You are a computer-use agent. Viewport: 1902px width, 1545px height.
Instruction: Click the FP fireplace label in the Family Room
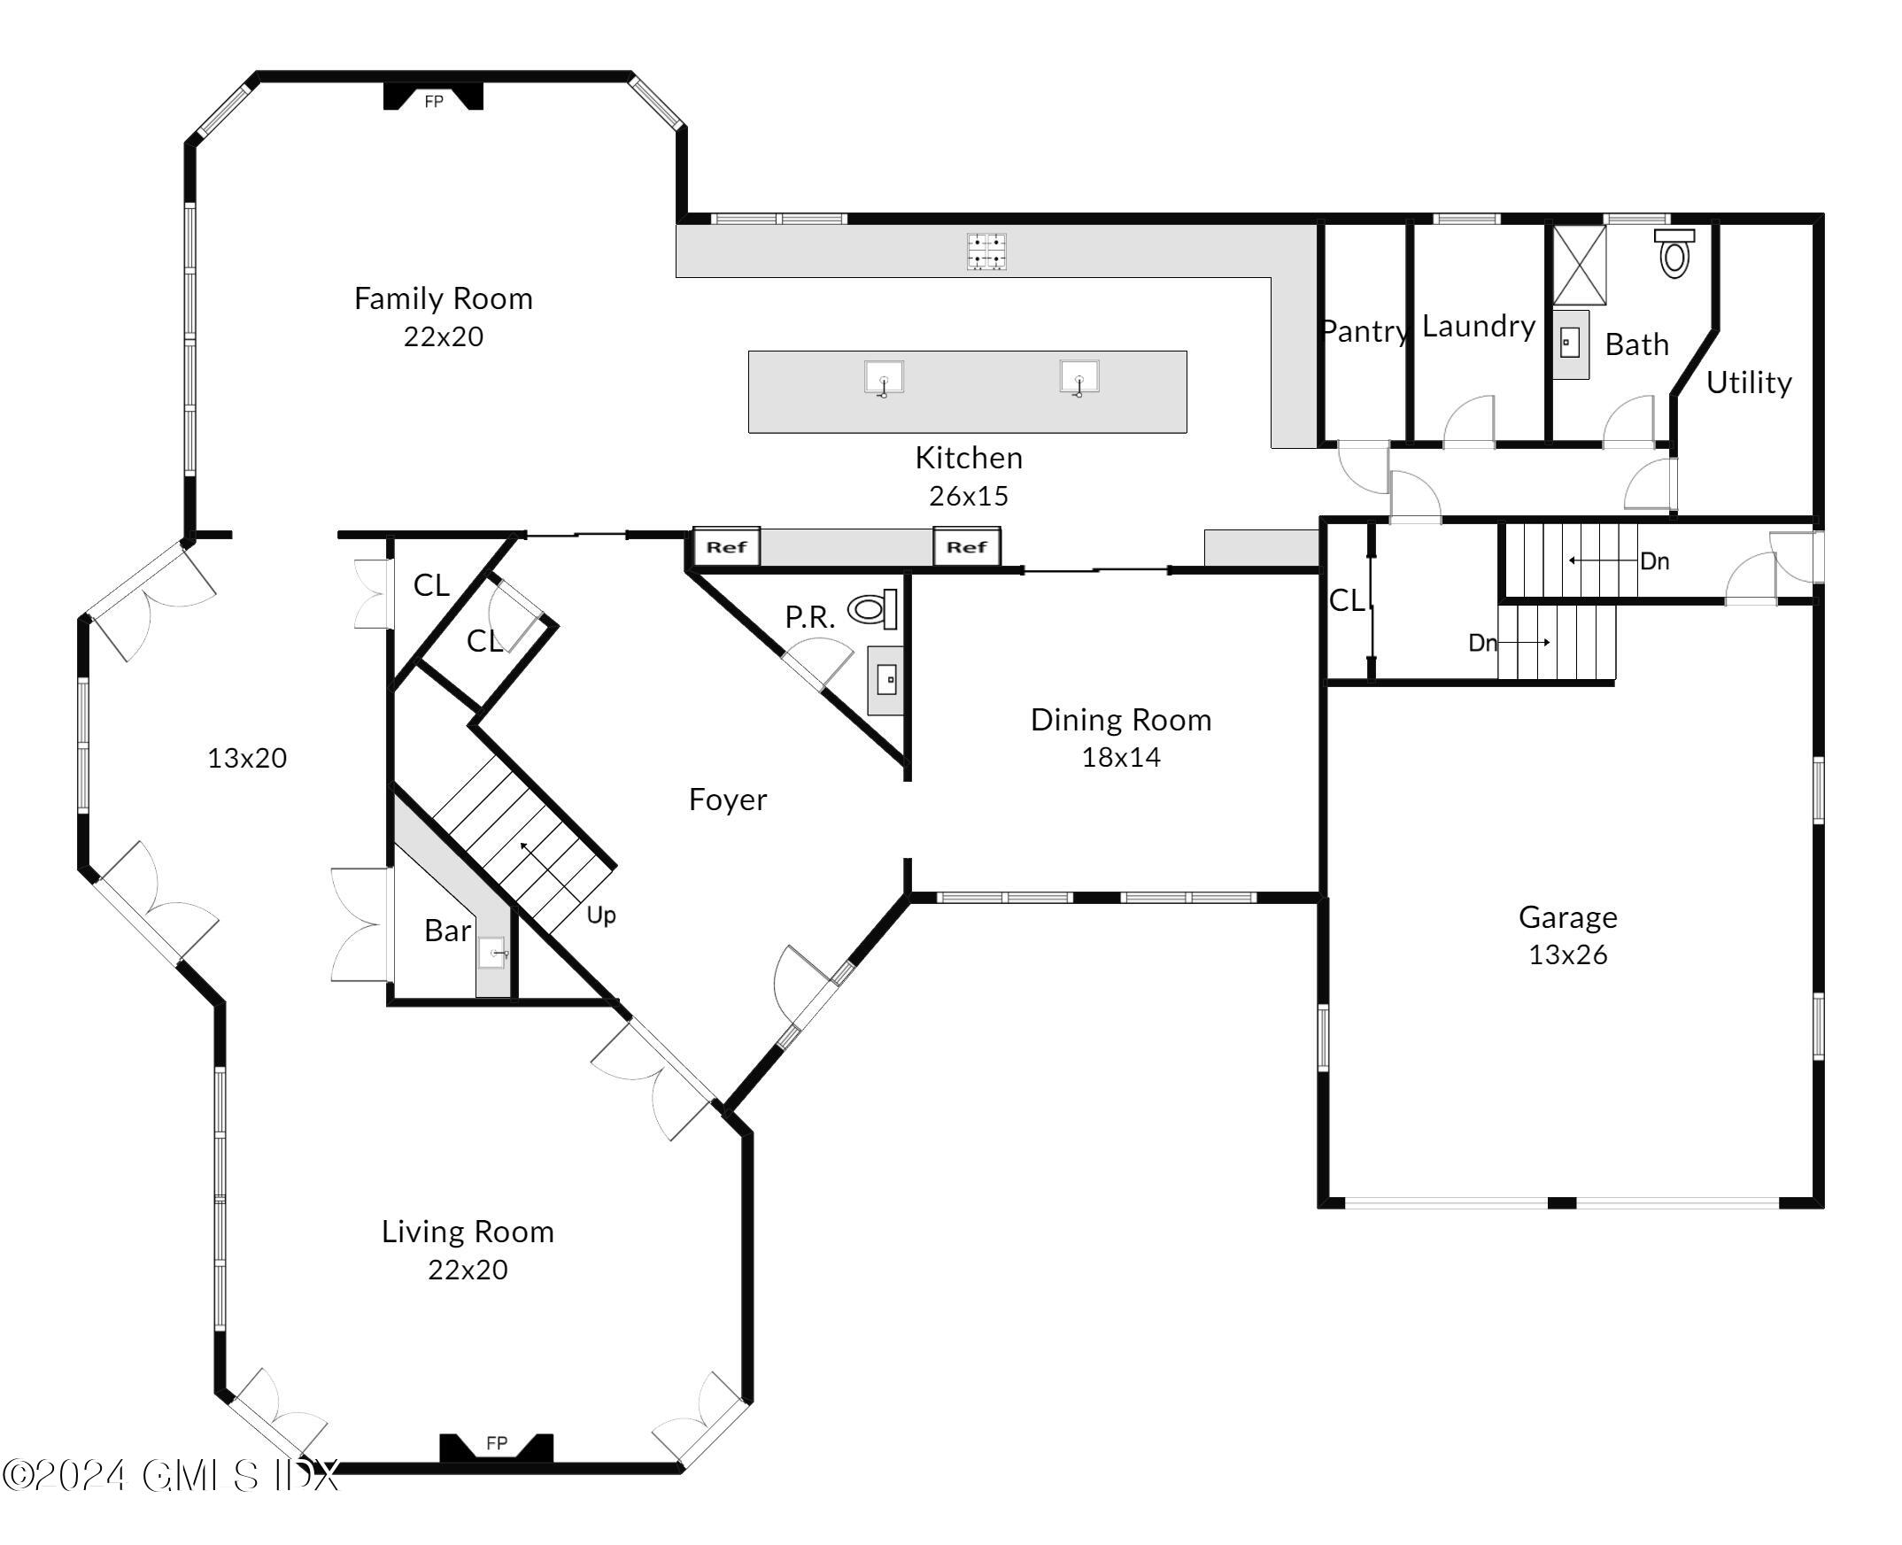(434, 102)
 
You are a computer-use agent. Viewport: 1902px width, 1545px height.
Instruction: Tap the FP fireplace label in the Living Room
(497, 1442)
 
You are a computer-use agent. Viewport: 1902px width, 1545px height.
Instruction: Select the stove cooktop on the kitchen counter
(986, 251)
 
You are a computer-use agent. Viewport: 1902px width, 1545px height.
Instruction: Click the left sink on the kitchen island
(884, 377)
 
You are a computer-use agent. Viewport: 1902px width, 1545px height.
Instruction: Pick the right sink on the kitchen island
(1079, 377)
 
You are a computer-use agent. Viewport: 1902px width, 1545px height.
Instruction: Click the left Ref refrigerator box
(726, 546)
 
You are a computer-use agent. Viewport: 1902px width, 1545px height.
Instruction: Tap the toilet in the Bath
(1674, 253)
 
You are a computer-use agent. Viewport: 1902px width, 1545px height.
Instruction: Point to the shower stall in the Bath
(1580, 266)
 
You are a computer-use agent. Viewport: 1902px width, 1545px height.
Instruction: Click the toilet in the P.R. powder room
(871, 610)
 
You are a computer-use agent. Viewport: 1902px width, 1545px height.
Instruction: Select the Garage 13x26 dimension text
(1567, 955)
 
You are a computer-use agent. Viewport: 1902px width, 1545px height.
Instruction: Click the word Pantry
(1365, 331)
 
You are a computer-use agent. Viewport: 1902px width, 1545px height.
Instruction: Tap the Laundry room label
(1479, 326)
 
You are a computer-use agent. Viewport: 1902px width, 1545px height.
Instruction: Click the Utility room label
(1748, 382)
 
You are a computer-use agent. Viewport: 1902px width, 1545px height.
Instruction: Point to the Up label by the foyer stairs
(600, 914)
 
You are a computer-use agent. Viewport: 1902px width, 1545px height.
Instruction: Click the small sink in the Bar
(492, 954)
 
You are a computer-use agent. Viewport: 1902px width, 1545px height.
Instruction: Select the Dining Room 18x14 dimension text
(1120, 757)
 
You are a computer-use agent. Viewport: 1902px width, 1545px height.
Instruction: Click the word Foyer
(727, 800)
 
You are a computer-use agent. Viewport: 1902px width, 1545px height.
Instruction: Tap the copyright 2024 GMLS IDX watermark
(169, 1476)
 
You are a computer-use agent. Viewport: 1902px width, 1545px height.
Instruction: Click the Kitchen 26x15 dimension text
(969, 496)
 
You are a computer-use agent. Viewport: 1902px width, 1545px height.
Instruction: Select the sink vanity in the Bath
(1570, 343)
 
